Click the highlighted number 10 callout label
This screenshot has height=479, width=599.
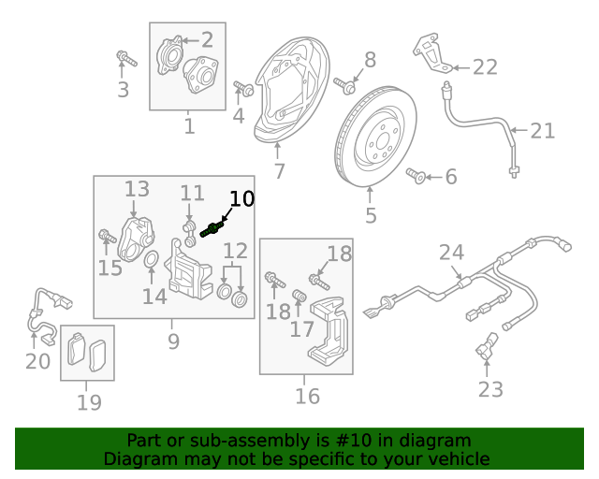pyautogui.click(x=241, y=198)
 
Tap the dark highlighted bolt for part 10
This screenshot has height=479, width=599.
pyautogui.click(x=211, y=229)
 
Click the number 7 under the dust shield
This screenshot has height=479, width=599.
pyautogui.click(x=279, y=171)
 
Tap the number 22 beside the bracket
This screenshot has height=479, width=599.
pyautogui.click(x=485, y=66)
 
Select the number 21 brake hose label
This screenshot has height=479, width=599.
pyautogui.click(x=543, y=131)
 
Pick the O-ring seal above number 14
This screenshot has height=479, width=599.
pyautogui.click(x=151, y=259)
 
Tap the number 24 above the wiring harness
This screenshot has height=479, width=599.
pyautogui.click(x=452, y=252)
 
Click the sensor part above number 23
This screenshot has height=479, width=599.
pyautogui.click(x=487, y=347)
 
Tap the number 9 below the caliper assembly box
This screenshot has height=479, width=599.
pyautogui.click(x=173, y=341)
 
